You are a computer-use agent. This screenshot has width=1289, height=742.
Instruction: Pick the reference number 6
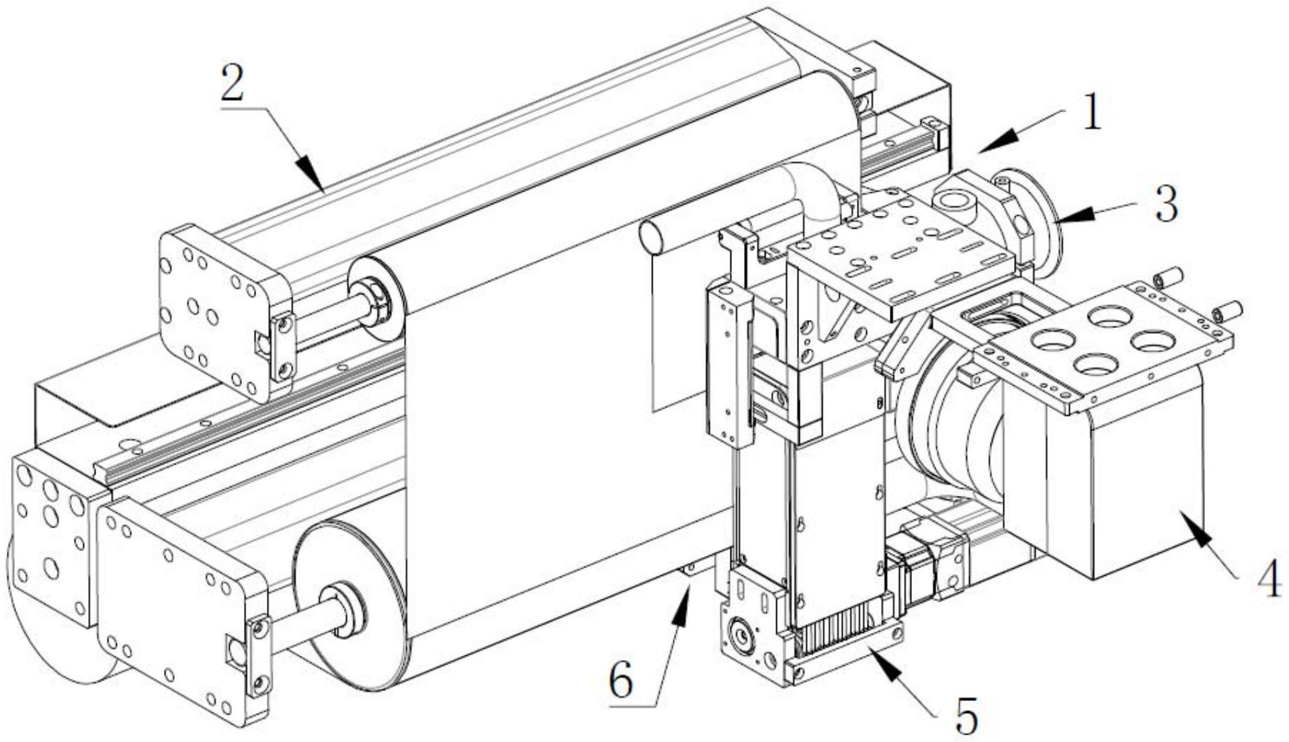click(x=620, y=680)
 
